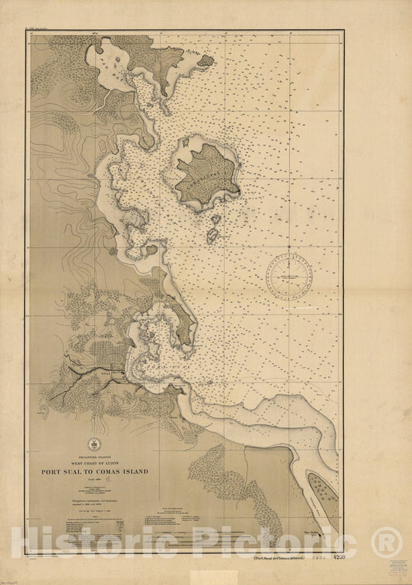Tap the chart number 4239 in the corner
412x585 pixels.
click(x=336, y=557)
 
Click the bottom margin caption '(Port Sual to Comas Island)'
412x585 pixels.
click(x=279, y=557)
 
